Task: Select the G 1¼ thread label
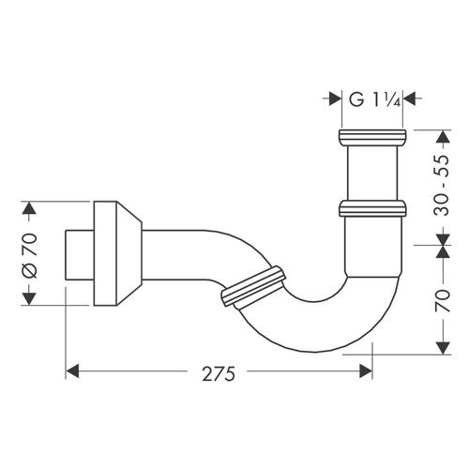point(371,96)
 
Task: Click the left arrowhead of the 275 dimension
point(73,371)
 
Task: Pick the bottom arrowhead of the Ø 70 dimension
point(29,297)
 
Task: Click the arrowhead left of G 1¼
point(334,96)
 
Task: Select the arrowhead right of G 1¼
point(410,96)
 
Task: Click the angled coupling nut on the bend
point(250,288)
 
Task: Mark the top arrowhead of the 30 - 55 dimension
point(442,134)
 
